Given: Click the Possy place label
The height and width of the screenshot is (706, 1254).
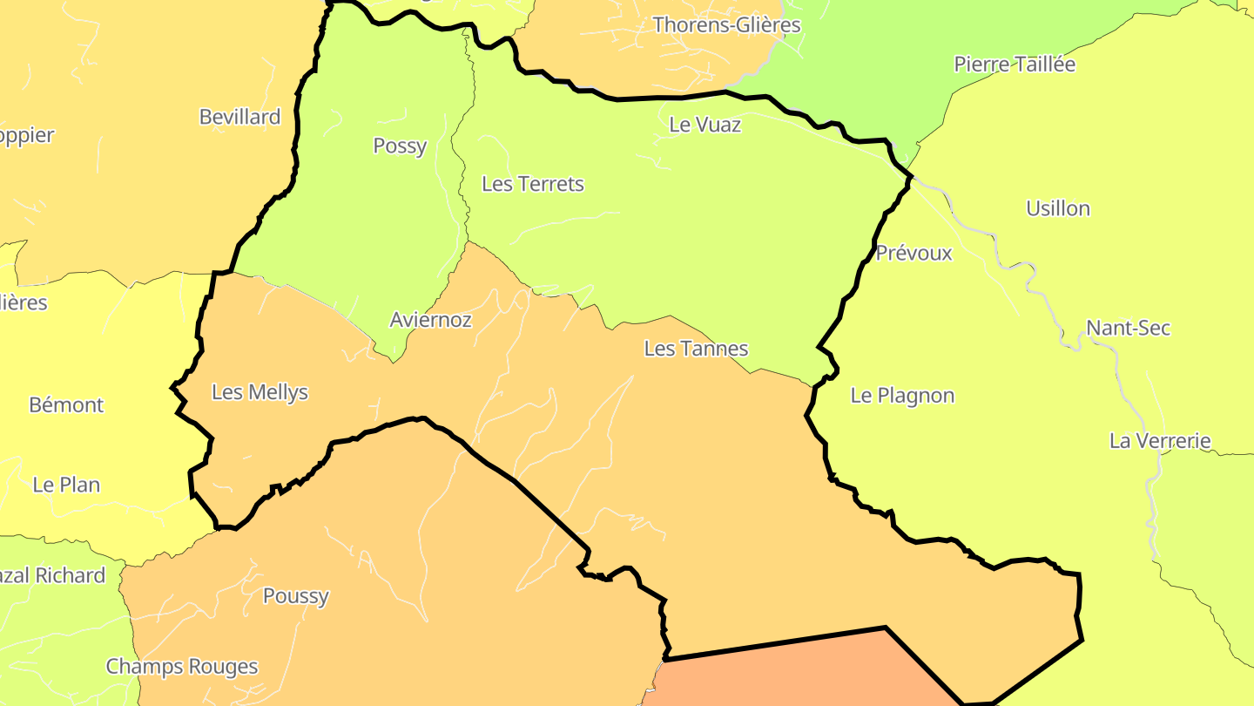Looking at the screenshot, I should (x=400, y=146).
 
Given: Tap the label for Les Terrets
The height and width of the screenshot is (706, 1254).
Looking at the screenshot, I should (x=533, y=185).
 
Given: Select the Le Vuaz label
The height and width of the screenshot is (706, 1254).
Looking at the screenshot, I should (x=705, y=126).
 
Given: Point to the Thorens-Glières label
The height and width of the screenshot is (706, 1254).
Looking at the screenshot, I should (x=726, y=25).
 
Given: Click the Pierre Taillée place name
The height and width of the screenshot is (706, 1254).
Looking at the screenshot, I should (x=1015, y=64).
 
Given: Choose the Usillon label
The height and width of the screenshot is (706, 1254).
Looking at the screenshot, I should (x=1058, y=209).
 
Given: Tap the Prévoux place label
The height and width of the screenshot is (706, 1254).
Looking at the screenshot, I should (x=914, y=254).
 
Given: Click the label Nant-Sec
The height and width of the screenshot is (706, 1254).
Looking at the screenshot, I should (x=1128, y=329).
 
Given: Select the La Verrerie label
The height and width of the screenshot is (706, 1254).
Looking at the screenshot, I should (x=1160, y=441).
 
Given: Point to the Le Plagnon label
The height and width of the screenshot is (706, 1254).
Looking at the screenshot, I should (x=902, y=396).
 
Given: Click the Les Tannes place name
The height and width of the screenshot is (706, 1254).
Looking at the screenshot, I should (x=696, y=350).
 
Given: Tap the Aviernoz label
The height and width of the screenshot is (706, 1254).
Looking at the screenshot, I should (x=430, y=320).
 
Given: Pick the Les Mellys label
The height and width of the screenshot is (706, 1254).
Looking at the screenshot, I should (x=260, y=392).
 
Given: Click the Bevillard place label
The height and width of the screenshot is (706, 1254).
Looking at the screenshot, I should (x=239, y=118).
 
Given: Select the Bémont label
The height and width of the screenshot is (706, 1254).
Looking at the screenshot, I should (x=66, y=405).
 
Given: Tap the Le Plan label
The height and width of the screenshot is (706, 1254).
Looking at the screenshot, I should (x=66, y=485).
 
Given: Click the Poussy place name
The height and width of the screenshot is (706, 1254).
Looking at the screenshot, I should (x=296, y=597).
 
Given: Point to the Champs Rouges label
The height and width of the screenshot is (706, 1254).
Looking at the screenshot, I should (x=182, y=667).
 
